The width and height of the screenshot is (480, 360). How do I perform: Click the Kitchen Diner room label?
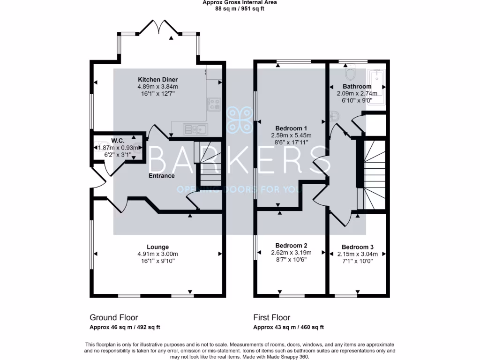(x=157, y=79)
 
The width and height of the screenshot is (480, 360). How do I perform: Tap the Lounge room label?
(x=157, y=247)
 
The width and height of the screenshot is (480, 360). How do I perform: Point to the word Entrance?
(x=162, y=176)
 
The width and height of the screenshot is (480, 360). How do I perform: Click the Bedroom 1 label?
(x=291, y=128)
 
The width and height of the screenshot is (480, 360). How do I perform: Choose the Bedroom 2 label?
(x=291, y=246)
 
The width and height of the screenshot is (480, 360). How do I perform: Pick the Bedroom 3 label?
(x=357, y=247)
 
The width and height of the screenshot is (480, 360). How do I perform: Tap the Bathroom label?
(x=357, y=86)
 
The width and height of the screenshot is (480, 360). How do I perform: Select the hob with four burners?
(x=215, y=104)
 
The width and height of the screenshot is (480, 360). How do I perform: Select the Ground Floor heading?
(x=114, y=317)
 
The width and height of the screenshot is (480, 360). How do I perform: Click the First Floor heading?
(x=272, y=317)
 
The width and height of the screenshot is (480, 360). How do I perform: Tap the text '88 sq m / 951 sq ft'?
(x=240, y=9)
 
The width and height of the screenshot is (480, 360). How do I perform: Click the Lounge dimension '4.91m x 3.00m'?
(x=157, y=254)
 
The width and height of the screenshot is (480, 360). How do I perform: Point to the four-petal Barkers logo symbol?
(x=240, y=120)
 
